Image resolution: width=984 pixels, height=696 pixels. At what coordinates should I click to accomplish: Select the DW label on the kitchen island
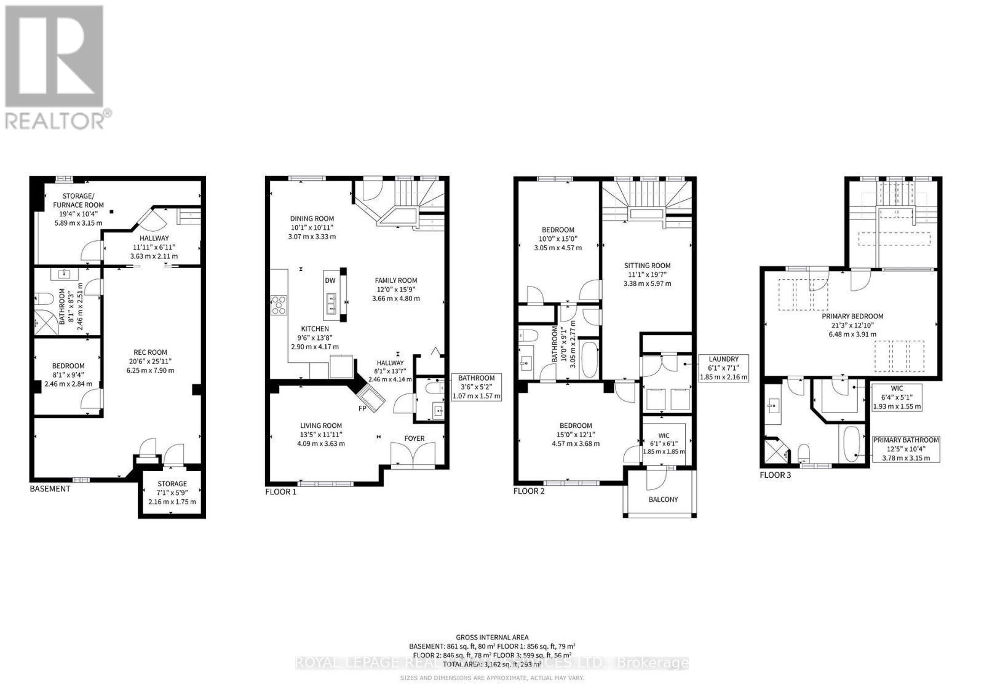(330, 280)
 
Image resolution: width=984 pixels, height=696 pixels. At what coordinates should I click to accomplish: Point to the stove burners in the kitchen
(279, 305)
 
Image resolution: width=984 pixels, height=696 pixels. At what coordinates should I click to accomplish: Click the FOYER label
(414, 438)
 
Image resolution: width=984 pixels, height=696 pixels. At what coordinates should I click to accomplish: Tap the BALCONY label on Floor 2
(663, 499)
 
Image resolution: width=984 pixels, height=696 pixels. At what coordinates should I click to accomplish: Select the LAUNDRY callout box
(723, 368)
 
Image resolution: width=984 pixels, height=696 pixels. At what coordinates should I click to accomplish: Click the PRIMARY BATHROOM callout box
(906, 448)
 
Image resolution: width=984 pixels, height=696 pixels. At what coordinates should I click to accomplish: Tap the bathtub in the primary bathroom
(852, 444)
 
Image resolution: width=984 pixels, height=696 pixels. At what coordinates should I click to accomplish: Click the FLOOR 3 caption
(775, 475)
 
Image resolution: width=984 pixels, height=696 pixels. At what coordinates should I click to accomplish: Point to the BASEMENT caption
(50, 489)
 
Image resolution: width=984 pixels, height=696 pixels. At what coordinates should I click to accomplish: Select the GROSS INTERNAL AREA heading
(492, 638)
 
